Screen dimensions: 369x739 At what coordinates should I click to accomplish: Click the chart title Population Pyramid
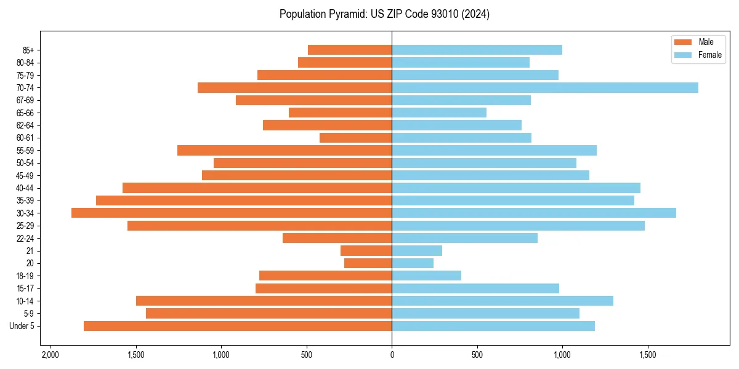tap(384, 14)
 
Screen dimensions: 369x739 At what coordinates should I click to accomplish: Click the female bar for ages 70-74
tap(545, 88)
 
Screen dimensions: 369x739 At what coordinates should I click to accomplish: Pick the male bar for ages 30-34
tap(232, 213)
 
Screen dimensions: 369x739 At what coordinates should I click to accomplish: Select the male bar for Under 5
tap(238, 326)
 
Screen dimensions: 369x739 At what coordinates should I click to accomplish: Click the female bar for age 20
tap(413, 263)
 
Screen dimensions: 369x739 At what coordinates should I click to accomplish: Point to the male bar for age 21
tap(366, 251)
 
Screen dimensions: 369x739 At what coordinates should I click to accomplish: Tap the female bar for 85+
tap(477, 50)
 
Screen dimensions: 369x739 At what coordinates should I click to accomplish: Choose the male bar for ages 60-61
tap(355, 138)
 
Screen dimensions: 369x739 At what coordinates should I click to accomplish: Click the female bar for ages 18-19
tap(426, 276)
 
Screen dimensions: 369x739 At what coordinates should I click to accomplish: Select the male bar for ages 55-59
tap(285, 151)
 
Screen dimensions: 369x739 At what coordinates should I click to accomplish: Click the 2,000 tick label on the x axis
tap(50, 355)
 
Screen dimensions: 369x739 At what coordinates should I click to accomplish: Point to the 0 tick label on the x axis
tap(392, 355)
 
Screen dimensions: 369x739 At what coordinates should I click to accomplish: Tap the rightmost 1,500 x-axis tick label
tap(647, 355)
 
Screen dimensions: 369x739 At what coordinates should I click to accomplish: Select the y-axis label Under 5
tap(22, 326)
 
